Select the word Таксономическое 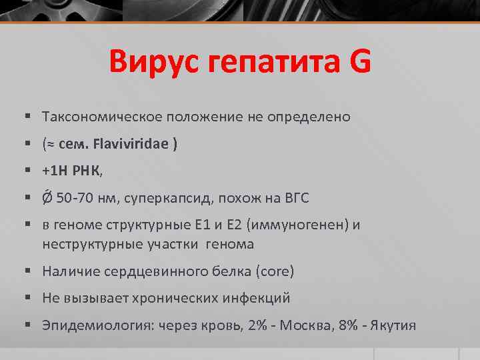[x=97, y=117]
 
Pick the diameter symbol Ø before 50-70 [x=48, y=198]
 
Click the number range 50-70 [x=75, y=199]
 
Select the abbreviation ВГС [x=295, y=199]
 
